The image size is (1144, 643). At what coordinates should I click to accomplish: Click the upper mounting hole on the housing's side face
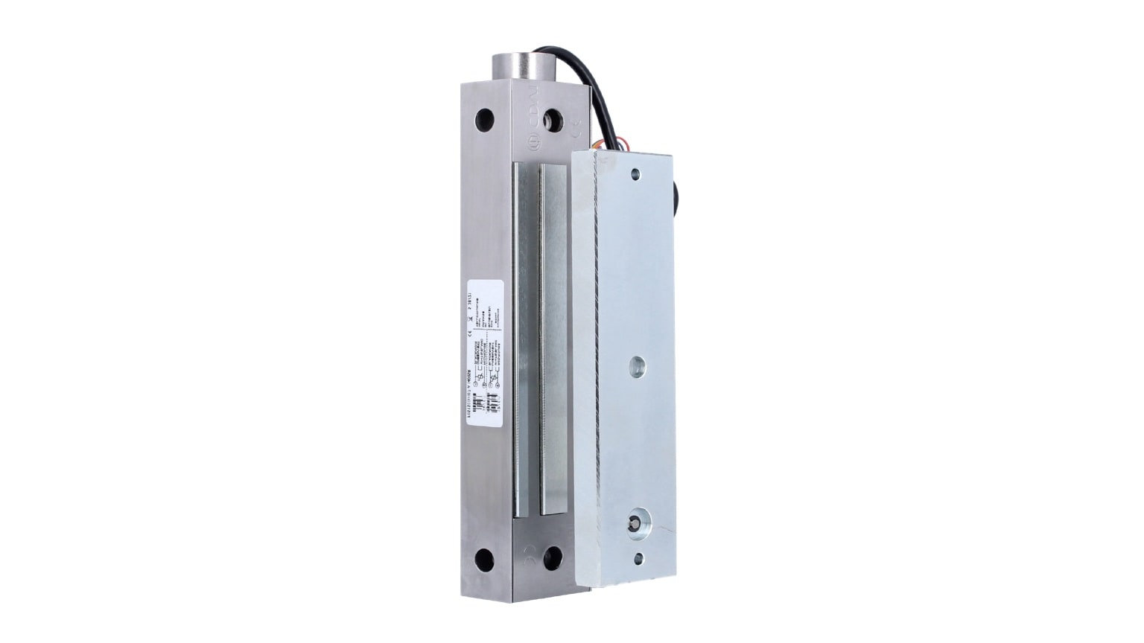(484, 117)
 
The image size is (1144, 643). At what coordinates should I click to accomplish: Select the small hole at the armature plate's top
(635, 175)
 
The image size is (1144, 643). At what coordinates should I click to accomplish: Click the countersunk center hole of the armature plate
(638, 365)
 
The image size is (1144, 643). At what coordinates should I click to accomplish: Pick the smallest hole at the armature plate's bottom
(638, 557)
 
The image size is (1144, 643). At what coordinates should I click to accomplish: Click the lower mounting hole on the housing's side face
(484, 556)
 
